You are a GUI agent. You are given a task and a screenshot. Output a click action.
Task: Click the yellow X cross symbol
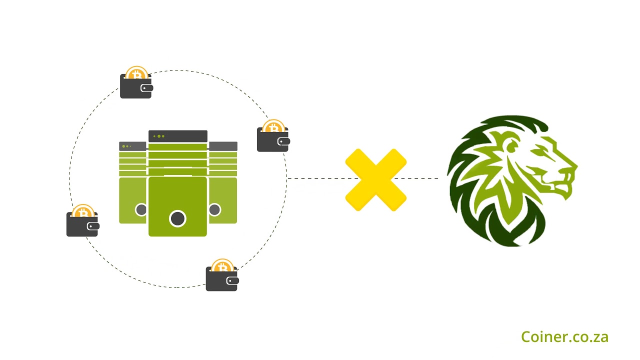coord(375,179)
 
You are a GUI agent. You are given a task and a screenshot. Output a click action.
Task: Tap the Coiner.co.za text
coord(564,337)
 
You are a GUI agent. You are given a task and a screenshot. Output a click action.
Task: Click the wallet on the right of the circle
coord(272,140)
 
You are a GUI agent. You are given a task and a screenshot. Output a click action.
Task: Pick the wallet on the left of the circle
coord(82,225)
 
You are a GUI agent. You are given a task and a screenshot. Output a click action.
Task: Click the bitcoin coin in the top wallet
coord(136,73)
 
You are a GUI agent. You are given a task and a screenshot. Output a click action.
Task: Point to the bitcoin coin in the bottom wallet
coord(222,266)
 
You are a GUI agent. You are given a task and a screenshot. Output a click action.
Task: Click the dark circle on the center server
coord(177,218)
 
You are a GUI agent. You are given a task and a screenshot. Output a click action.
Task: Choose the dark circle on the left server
coord(141,209)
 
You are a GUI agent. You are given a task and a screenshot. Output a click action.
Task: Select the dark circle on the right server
coord(215,209)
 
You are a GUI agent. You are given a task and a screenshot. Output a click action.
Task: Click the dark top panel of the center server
coord(177,136)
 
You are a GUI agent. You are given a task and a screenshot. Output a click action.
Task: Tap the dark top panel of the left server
coord(132,146)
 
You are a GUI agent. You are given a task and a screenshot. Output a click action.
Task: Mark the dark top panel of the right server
coord(223,146)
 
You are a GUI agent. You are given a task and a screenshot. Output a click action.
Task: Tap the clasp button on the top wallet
coord(145,88)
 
